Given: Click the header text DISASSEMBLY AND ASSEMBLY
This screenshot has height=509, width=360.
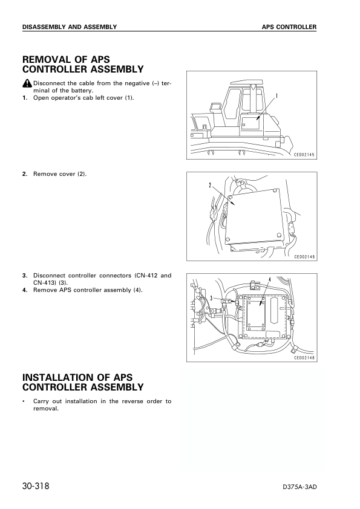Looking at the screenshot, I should coord(69,27).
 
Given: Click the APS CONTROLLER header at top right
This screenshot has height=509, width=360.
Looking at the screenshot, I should coord(289,27).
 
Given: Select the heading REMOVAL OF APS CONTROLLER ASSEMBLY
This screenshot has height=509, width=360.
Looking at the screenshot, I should coord(82,65).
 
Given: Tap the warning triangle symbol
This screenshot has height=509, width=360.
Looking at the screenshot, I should coord(27,83).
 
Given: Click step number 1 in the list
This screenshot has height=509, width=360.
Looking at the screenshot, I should coord(25,98).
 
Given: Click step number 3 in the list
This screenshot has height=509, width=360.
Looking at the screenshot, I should coord(25,276).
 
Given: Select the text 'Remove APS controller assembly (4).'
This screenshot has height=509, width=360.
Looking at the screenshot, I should coord(88,290).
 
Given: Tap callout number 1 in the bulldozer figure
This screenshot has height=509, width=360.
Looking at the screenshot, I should coord(277,96).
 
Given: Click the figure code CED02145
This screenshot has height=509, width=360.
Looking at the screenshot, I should coord(305,155).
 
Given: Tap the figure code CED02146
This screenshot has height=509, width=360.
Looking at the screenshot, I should coord(305,256).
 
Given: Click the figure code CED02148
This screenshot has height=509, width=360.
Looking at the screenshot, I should coord(305,358).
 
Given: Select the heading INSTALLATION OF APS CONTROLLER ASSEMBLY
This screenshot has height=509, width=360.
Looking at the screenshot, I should coord(82,382).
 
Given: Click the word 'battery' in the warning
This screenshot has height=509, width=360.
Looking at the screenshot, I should coord(84,91).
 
